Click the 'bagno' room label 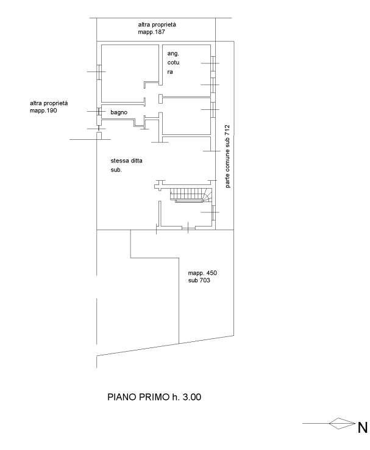pos(119,112)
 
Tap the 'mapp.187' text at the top pos(151,32)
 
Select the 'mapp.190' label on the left pos(43,111)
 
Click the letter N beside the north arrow pos(363,427)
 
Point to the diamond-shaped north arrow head pos(342,423)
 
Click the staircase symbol pos(191,195)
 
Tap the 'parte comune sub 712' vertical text pos(227,156)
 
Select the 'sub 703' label pos(199,280)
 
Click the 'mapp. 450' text pos(202,273)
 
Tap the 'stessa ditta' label pos(126,161)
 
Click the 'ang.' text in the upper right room pos(173,54)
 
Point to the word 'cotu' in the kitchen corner pos(173,62)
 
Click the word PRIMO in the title pos(154,397)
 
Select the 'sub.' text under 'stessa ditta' pos(116,170)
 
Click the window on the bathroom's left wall pos(99,111)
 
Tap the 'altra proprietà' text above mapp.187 pos(157,24)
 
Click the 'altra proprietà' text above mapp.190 pos(49,103)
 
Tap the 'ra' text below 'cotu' pos(170,72)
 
